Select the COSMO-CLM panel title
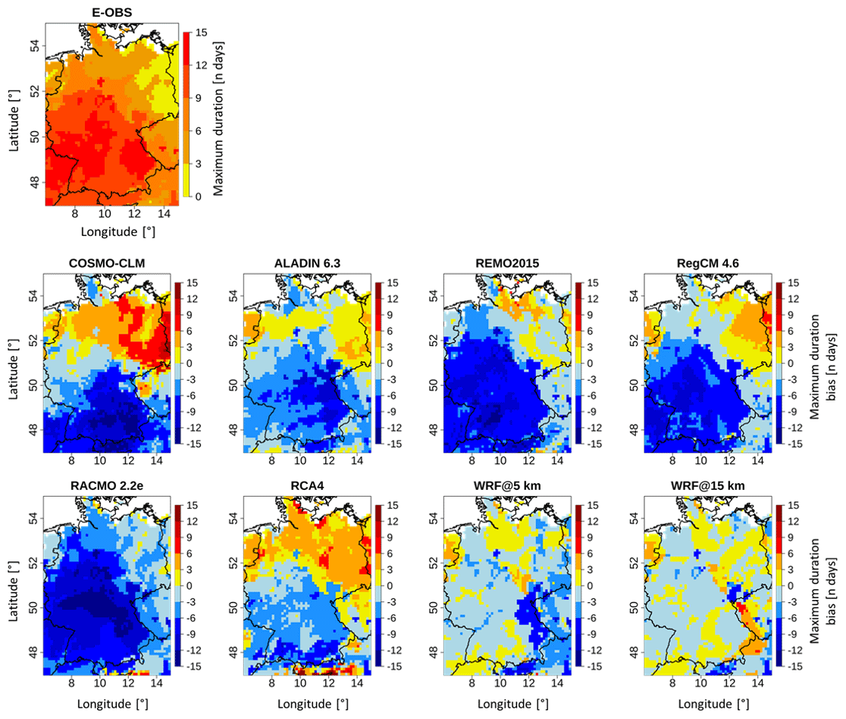click(107, 263)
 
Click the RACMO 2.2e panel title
click(107, 486)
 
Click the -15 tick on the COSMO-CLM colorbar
click(194, 443)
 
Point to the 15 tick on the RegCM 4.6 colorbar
click(794, 283)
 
